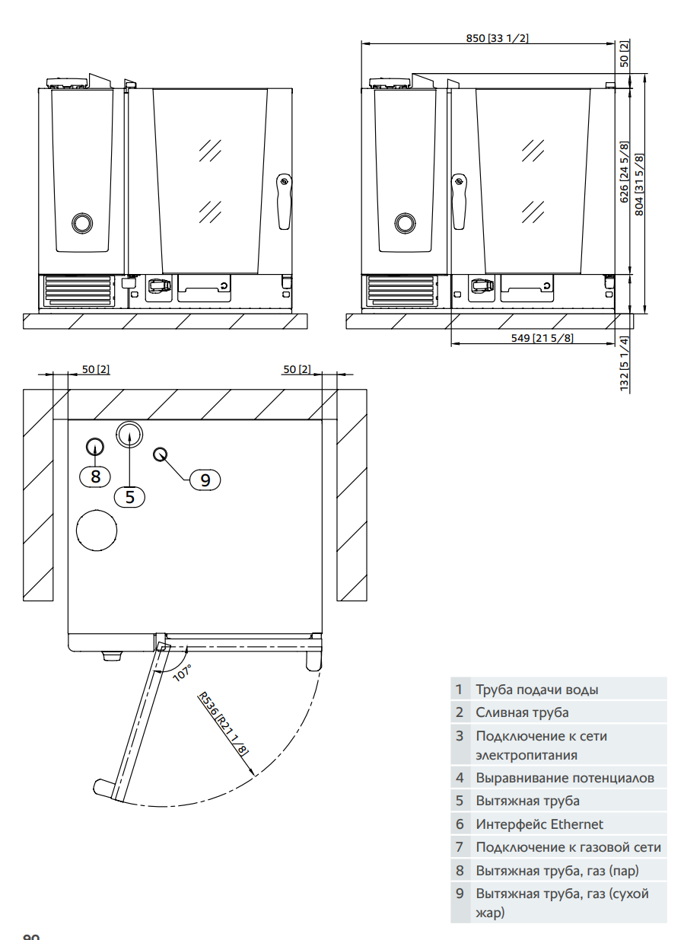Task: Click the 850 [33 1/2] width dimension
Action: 497,38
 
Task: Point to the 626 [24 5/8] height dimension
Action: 624,172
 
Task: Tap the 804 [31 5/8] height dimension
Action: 639,184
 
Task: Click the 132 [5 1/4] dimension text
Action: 624,364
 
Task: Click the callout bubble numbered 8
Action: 95,476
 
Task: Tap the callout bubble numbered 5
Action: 129,497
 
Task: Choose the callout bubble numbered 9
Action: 205,480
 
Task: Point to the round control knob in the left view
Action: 81,223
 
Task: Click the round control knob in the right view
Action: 405,223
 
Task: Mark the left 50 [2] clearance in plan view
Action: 95,369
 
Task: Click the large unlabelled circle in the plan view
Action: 97,528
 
